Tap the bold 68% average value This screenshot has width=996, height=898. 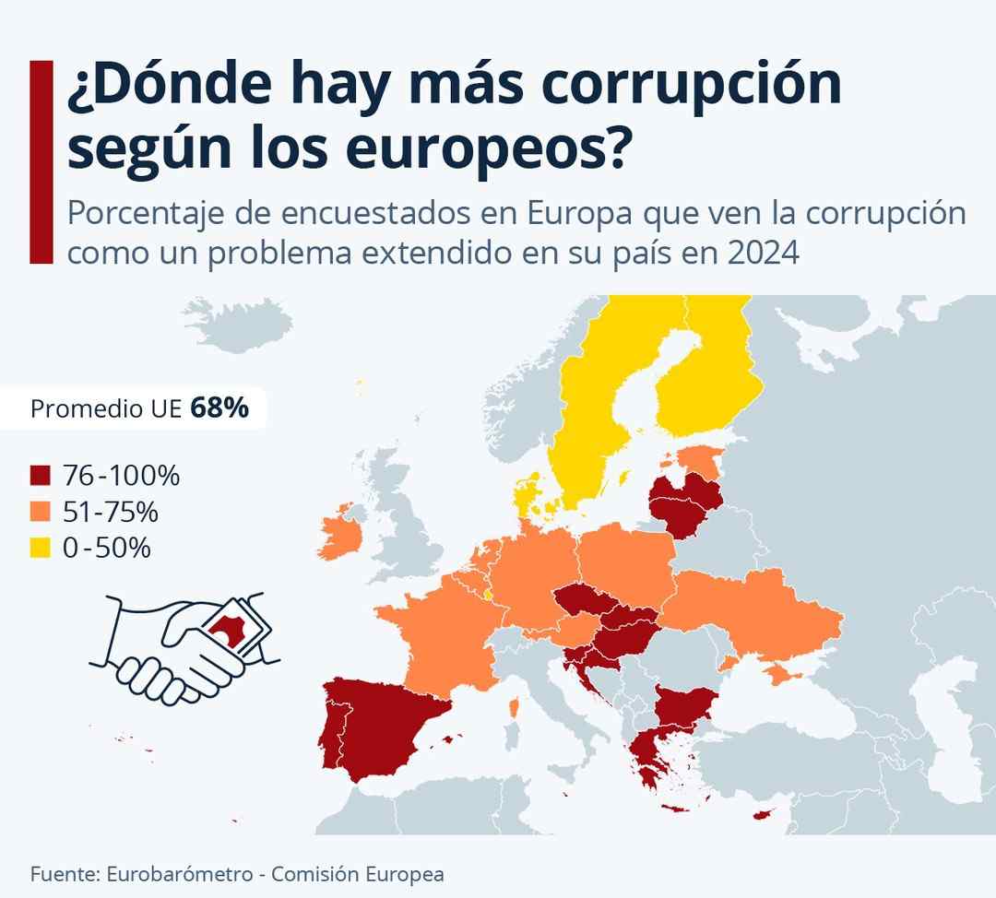coord(219,408)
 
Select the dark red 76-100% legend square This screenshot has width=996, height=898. coord(40,477)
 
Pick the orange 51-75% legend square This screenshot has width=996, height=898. coord(40,512)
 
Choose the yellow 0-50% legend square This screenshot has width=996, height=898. coord(40,548)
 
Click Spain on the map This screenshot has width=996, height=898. coord(378,728)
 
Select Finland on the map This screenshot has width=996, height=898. coord(705,387)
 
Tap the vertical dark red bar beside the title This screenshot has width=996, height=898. coord(41,162)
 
